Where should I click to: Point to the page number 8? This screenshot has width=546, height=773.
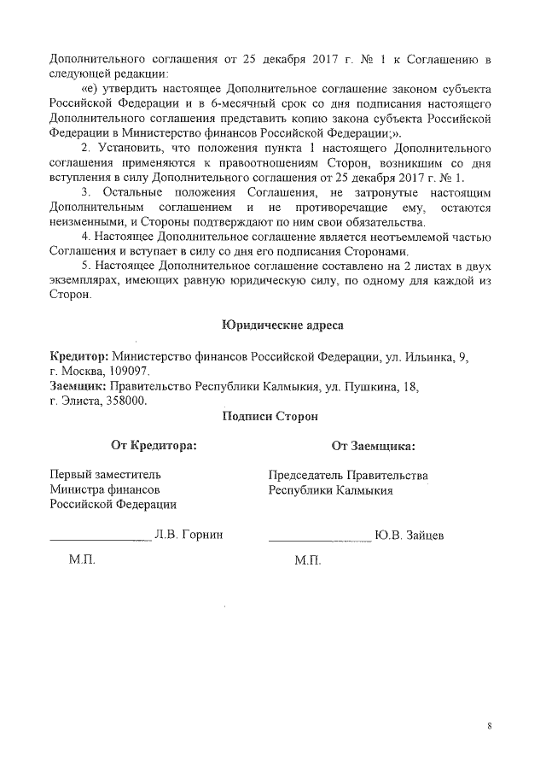[490, 727]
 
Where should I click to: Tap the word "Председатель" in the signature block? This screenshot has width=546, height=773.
[306, 475]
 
